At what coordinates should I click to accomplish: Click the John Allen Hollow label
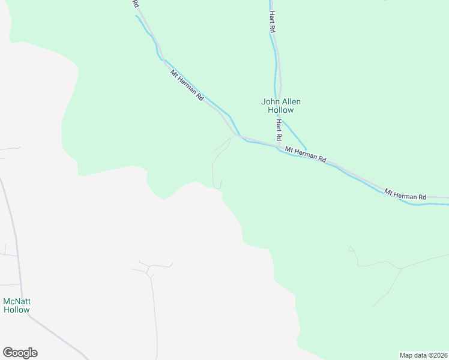[x=280, y=106]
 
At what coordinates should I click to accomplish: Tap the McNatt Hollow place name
[x=16, y=305]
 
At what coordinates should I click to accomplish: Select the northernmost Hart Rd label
[x=272, y=21]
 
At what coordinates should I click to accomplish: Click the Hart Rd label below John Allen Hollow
[x=279, y=130]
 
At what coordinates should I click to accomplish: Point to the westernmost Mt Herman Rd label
[x=187, y=86]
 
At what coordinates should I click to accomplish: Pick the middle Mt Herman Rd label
[x=305, y=154]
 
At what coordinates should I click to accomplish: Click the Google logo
[x=20, y=353]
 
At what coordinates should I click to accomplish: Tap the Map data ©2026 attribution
[x=423, y=355]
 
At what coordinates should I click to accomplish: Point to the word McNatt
[x=16, y=301]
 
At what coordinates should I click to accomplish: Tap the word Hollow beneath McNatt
[x=16, y=310]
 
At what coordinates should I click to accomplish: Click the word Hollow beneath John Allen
[x=280, y=110]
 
